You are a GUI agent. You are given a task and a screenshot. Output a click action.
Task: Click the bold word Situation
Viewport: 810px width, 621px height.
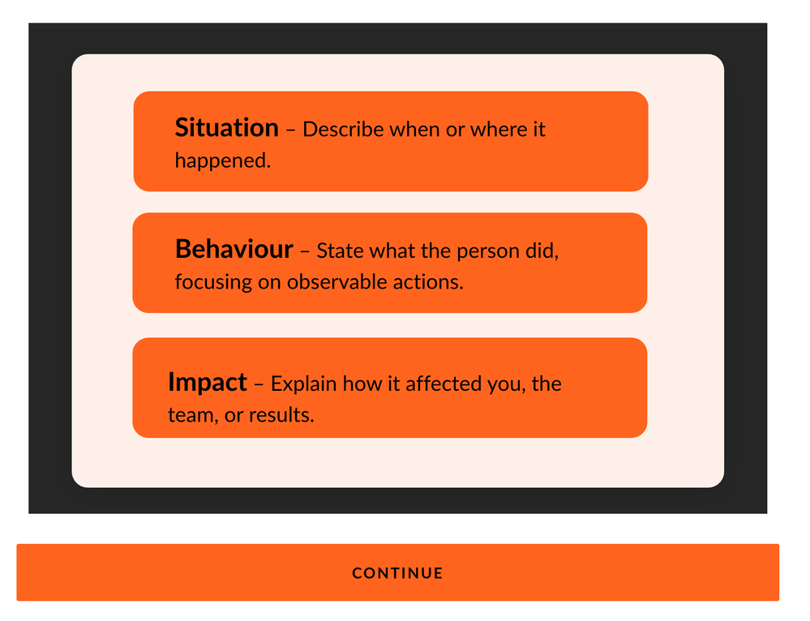[227, 127]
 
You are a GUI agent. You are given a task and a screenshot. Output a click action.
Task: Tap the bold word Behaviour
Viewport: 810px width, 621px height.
[234, 249]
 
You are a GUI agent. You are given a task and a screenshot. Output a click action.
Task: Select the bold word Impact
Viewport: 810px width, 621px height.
[208, 383]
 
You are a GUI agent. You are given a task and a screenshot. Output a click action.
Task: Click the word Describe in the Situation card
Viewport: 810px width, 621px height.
[343, 129]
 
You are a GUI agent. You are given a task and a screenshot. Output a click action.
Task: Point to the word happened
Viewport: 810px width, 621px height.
[223, 161]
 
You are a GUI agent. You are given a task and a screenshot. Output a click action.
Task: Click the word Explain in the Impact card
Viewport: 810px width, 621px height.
[304, 384]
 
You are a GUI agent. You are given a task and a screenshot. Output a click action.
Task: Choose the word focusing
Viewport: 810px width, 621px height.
[213, 283]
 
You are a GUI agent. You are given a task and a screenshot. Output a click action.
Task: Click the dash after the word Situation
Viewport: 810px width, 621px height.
[290, 130]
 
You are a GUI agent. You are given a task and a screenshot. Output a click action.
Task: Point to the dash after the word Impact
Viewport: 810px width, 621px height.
[259, 384]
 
